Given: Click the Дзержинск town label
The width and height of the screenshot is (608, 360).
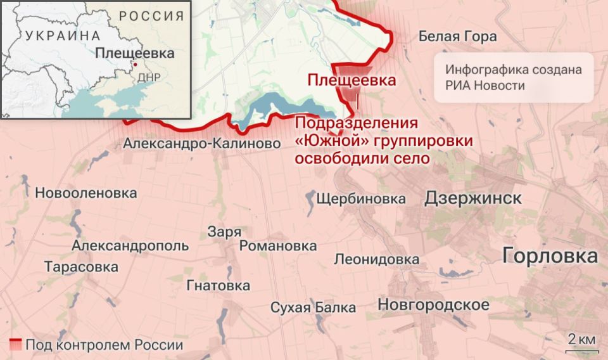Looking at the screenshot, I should tap(472, 198).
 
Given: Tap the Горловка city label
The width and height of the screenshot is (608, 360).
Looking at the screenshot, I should tap(550, 256).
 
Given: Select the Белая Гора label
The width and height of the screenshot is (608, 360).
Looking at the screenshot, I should tap(457, 36).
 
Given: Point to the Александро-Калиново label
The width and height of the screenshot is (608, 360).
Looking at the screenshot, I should tap(202, 144).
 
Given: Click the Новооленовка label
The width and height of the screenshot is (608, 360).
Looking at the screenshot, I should tap(86, 193).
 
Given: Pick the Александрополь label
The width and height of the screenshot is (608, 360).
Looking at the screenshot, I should tap(130, 246).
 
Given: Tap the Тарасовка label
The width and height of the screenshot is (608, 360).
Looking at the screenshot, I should tap(81, 267).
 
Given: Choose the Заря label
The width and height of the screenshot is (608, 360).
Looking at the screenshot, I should tap(224, 232).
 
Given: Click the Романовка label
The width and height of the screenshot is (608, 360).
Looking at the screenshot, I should tap(278, 246).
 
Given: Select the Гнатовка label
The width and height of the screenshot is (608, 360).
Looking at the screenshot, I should tap(218, 286).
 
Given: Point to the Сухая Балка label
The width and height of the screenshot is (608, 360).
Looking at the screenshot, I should tap(313, 308).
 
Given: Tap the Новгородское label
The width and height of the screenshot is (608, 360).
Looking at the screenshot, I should tap(433, 305).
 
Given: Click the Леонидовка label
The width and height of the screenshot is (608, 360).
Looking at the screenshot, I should tap(376, 259).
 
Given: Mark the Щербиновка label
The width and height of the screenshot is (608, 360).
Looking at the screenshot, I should tap(360, 199).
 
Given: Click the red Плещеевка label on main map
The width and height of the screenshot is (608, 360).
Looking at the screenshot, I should tap(351, 80).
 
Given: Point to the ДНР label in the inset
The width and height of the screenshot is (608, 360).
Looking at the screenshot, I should tap(149, 77).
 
